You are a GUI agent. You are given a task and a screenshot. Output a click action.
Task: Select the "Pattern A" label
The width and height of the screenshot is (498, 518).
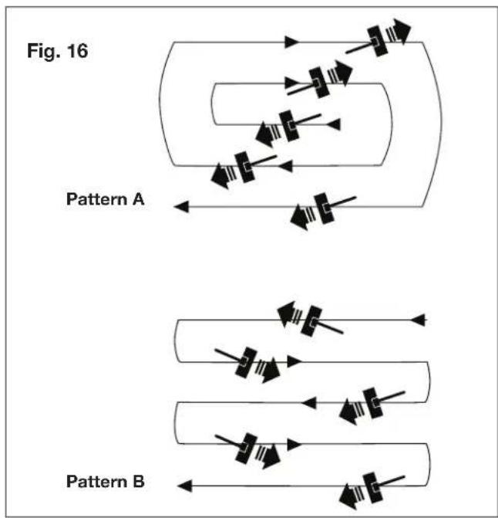[105, 199]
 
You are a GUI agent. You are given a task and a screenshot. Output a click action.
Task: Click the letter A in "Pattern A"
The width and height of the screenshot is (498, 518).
[139, 199]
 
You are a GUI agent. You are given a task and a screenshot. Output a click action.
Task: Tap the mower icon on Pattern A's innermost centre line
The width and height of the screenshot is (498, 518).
[286, 127]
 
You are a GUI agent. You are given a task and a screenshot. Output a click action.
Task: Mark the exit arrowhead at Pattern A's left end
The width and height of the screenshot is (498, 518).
[180, 205]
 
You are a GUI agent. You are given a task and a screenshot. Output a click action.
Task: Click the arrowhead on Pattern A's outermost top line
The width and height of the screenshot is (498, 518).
[291, 42]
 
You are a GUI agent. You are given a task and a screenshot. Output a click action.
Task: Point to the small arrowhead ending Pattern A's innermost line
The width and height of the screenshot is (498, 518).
[333, 124]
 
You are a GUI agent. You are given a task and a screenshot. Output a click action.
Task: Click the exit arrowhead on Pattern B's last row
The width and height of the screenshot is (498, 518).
[183, 485]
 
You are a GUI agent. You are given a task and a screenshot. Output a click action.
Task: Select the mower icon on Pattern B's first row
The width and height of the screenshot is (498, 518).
[308, 320]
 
